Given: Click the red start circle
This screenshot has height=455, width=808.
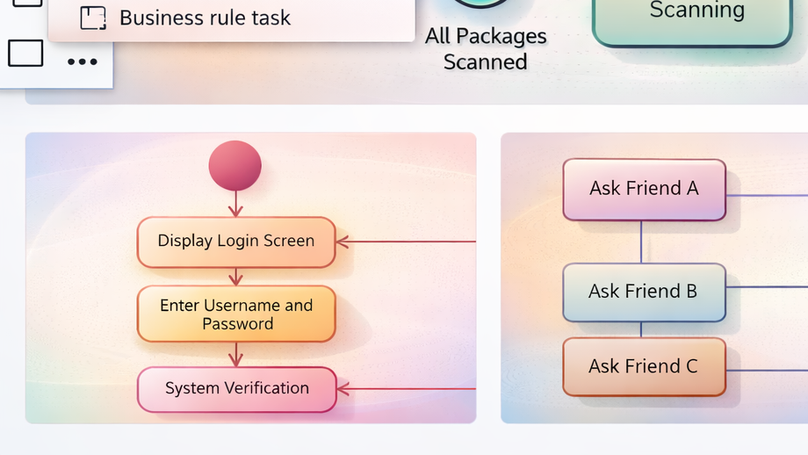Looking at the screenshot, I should [234, 165].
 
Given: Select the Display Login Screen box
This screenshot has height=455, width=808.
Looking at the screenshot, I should [236, 242].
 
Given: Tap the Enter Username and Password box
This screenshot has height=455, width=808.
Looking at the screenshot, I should [236, 314].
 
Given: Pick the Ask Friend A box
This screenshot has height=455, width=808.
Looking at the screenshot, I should [644, 189].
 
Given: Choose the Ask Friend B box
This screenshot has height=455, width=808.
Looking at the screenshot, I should [644, 292].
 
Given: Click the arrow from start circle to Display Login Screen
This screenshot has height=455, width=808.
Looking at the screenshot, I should [235, 205].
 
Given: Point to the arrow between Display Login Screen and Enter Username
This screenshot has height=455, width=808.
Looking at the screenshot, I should [235, 277].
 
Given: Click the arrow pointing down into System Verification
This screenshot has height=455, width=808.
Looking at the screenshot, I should [235, 355].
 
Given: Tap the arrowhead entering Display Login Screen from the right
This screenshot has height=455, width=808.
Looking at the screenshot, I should [343, 242].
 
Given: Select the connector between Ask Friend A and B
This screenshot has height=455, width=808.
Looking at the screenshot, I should [641, 242].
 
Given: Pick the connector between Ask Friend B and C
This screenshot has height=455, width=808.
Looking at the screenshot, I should [641, 330].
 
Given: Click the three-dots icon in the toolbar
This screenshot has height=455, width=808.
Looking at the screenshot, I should [83, 61].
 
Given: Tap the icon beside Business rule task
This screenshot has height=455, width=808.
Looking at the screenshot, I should [92, 18].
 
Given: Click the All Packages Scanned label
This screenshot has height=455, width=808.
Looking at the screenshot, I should [486, 49].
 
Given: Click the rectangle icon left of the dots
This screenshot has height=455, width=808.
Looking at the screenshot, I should [25, 54].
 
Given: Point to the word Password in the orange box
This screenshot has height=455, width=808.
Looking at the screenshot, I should [238, 324].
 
